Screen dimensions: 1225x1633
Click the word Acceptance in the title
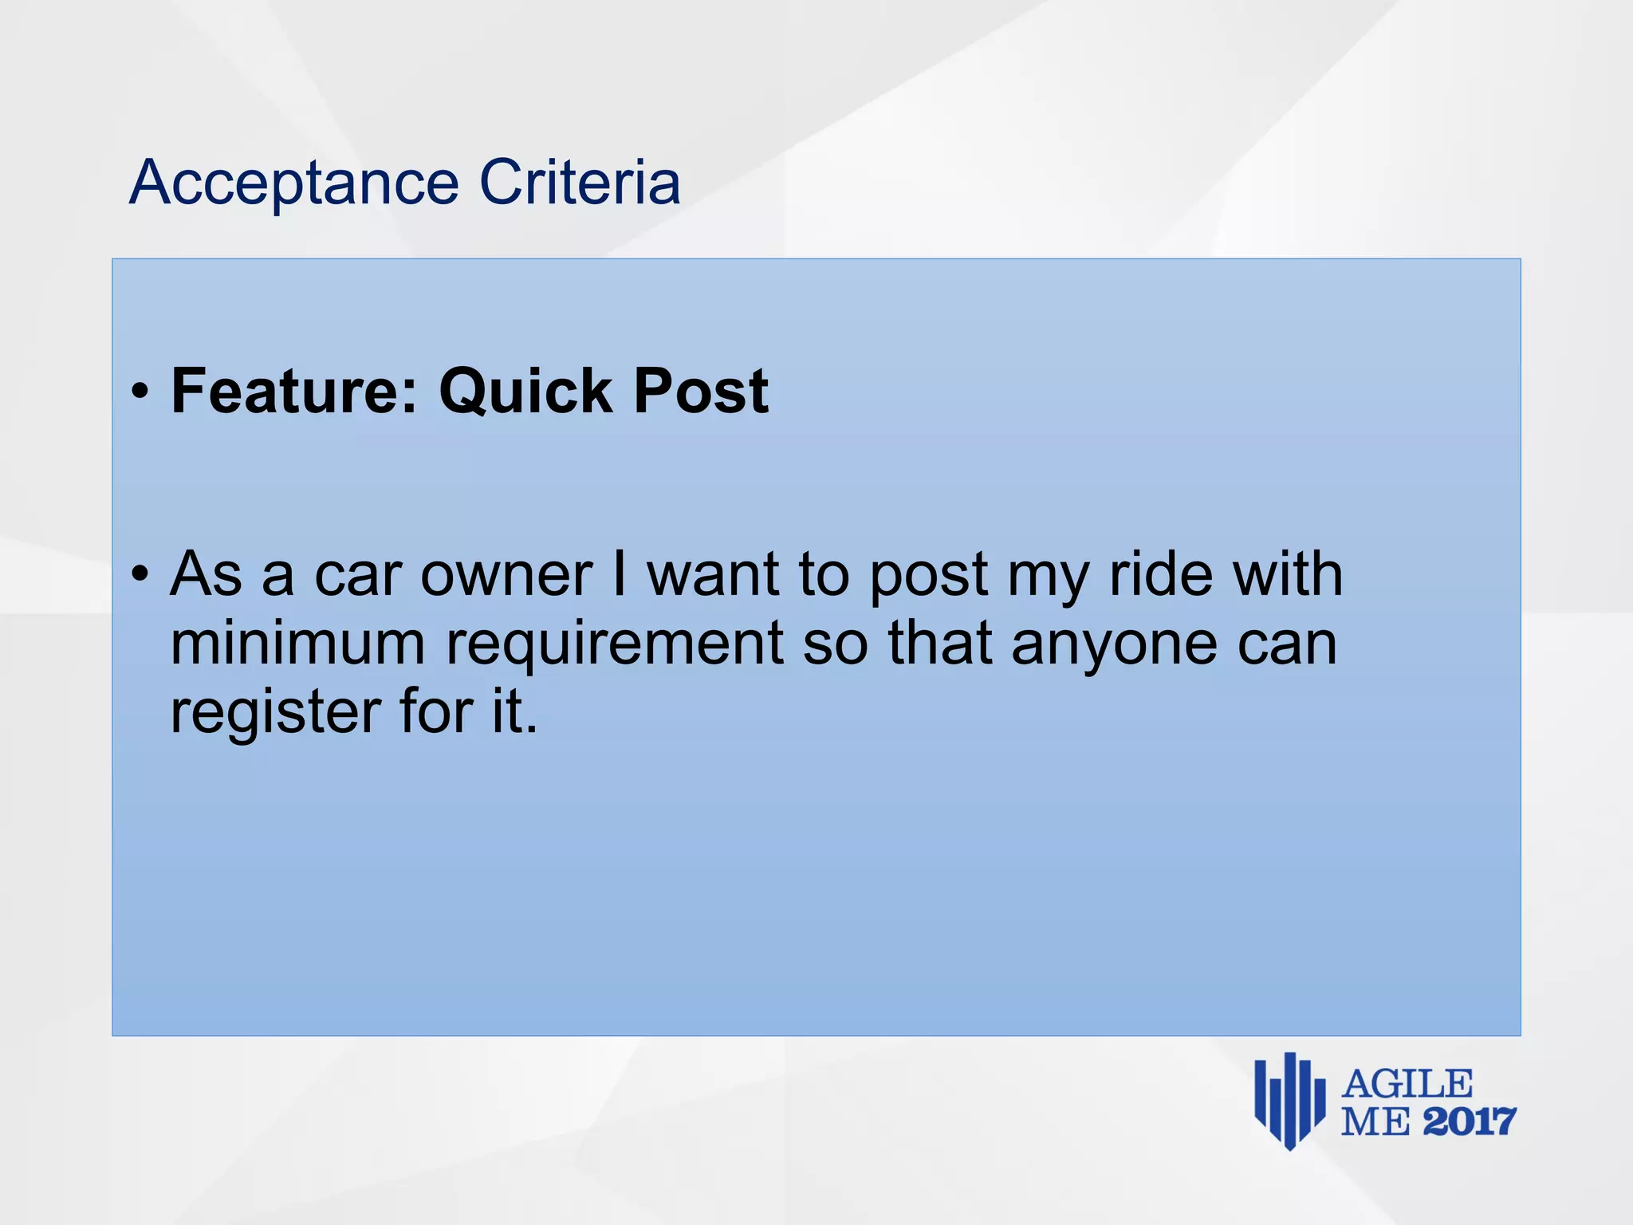294,183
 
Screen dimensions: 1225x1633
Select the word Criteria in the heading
580,182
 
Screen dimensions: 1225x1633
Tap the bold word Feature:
294,391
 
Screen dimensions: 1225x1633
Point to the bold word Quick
525,392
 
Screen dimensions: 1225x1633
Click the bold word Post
701,391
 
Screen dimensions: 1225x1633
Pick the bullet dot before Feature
140,392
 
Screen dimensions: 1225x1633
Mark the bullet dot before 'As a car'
140,573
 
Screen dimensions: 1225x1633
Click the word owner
506,574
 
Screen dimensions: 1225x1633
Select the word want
713,574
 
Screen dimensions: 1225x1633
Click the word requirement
615,644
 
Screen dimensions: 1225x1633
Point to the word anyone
1114,644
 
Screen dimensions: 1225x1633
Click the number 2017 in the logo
1469,1122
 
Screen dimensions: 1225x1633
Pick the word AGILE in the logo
1407,1085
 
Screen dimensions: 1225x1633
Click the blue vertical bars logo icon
1289,1101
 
